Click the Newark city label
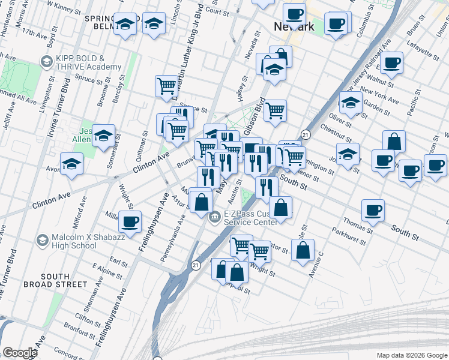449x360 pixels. point(294,27)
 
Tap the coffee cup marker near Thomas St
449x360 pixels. point(373,211)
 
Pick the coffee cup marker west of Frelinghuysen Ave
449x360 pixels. point(130,222)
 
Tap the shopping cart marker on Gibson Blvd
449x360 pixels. point(275,110)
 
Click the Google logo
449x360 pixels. point(20,352)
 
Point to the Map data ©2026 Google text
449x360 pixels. point(412,355)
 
